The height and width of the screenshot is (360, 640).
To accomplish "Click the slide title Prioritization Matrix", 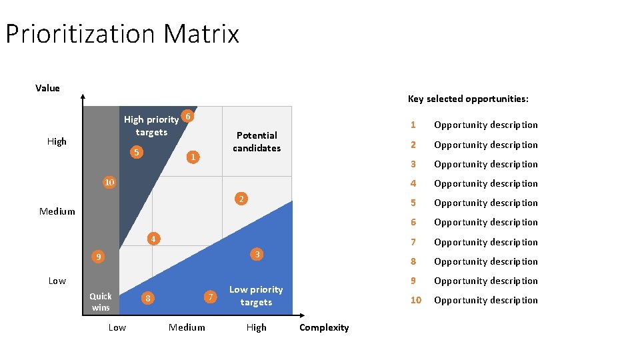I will tap(122, 33).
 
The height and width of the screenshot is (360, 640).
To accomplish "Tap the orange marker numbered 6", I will tap(189, 117).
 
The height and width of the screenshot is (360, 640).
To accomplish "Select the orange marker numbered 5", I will tap(136, 153).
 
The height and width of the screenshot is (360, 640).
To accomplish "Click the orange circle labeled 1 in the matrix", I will tap(192, 157).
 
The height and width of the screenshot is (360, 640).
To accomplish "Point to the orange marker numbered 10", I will tap(109, 182).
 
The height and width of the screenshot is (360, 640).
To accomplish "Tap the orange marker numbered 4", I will tap(153, 239).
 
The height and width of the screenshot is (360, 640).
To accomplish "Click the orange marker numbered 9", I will tap(98, 257).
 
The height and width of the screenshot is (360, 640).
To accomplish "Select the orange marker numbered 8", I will tap(147, 298).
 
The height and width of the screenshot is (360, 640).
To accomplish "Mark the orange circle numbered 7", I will tap(211, 297).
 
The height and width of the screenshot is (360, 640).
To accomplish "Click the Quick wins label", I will tap(101, 301).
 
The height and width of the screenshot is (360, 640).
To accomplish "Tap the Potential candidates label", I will tap(257, 141).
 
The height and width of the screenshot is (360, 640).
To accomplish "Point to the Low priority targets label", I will tap(256, 295).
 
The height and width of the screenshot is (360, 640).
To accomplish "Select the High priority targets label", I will tap(151, 125).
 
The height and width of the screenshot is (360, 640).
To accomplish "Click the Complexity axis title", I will tap(324, 327).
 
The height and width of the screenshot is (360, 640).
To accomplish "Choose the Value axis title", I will tap(47, 88).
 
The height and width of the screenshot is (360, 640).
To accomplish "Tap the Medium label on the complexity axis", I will tap(187, 327).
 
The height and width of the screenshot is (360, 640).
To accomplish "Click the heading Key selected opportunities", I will tap(468, 99).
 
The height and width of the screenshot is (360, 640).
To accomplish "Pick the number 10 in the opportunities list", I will tap(415, 300).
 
